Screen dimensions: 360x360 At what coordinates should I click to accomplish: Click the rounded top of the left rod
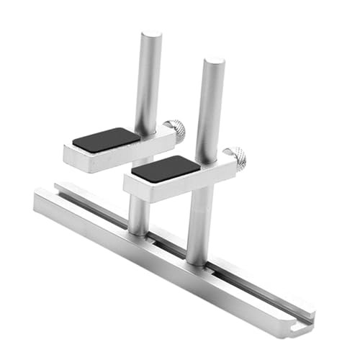pos(152,34)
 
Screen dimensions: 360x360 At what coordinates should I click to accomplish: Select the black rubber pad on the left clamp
pos(107,140)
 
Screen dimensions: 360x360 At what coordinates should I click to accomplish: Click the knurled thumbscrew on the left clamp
pos(175,130)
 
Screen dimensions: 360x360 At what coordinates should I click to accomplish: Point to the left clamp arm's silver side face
pos(108,158)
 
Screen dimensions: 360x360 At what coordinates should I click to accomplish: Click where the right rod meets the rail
pos(197,261)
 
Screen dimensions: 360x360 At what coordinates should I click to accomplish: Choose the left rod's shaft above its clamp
pos(150,79)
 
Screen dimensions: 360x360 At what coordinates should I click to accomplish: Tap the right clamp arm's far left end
pos(127,184)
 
